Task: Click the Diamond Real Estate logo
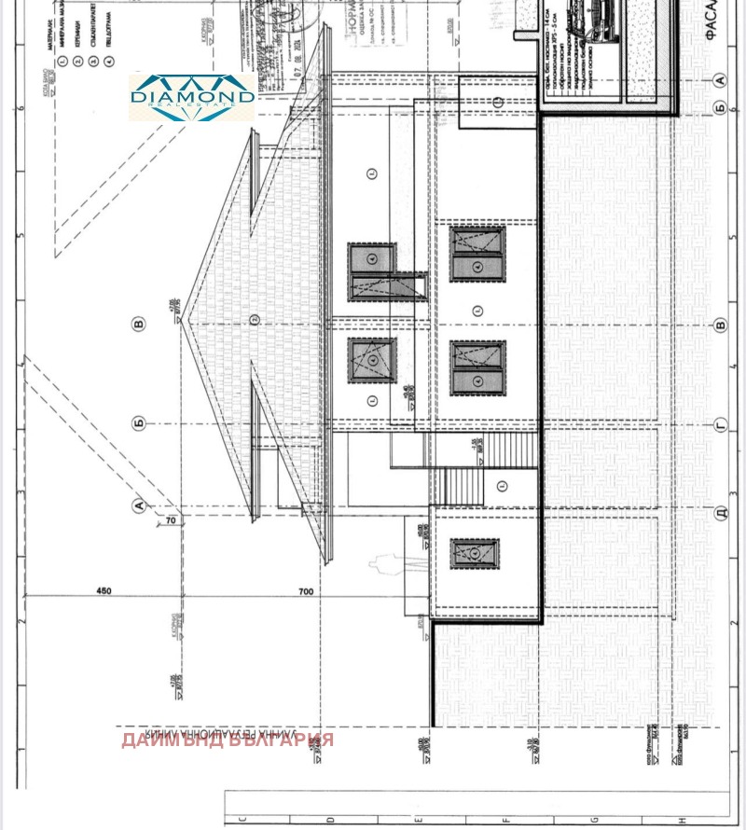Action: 191,97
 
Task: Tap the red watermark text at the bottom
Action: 227,740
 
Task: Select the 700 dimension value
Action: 305,591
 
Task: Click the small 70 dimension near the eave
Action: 171,533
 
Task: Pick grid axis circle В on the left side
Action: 140,325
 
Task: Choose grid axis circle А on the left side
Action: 140,505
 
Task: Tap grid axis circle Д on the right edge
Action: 719,514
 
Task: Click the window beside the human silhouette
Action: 476,553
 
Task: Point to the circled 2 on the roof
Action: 253,321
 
